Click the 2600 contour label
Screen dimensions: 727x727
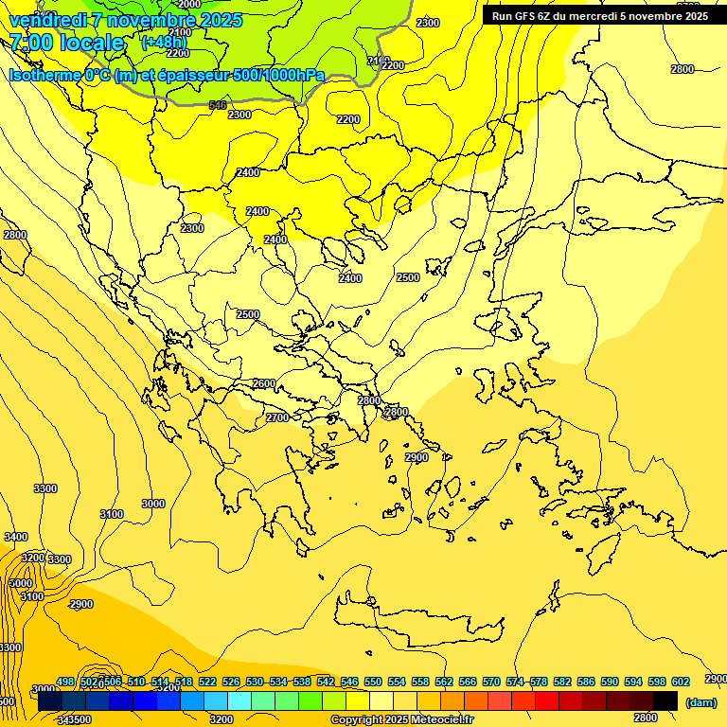tap(264, 383)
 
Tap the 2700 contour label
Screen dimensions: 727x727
tap(277, 417)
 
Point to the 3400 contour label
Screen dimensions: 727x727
tap(16, 537)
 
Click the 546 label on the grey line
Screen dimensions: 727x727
tap(218, 105)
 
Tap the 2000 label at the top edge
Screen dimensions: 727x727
tap(189, 5)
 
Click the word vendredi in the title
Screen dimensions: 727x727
tap(48, 20)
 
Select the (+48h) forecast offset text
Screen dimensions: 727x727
tap(164, 43)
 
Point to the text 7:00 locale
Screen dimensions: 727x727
tap(66, 43)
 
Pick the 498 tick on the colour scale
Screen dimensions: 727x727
tap(65, 683)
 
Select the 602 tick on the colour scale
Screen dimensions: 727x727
tap(681, 683)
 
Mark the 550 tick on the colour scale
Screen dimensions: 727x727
tap(373, 683)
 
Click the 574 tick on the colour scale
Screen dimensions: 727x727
tap(515, 683)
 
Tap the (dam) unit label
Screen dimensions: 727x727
tap(700, 702)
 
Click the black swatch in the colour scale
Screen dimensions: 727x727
tap(665, 701)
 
